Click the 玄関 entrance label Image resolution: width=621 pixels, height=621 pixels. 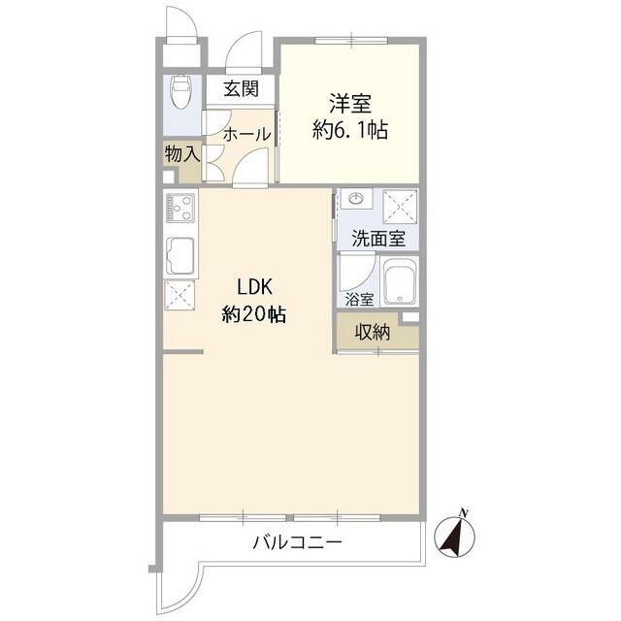coord(241,90)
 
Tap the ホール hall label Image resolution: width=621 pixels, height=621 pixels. coord(246,135)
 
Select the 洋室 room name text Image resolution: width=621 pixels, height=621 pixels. coord(350,101)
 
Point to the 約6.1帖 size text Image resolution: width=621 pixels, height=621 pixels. coord(350,129)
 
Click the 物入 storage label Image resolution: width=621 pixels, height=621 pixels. coord(181,153)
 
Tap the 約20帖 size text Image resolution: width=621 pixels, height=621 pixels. coord(253,314)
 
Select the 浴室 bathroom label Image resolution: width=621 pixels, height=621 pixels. coord(357,299)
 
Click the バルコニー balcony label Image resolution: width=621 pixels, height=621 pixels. coord(297,542)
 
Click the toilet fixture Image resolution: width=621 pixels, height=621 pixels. coord(180,93)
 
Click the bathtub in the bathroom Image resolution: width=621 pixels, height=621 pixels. coord(398,284)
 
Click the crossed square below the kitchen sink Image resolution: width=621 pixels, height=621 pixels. coord(180,294)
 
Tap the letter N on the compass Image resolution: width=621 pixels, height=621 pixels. coord(465,512)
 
